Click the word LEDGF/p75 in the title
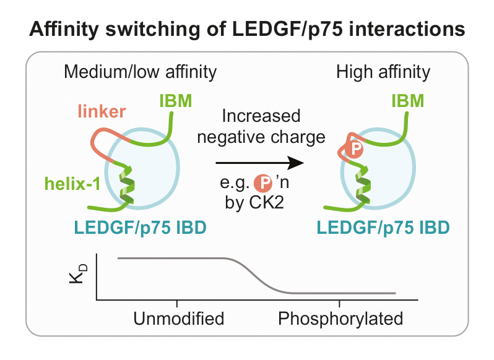point(287,30)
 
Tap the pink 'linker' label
point(102,111)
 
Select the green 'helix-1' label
point(72,184)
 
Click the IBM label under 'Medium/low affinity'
point(175,101)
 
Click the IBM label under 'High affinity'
point(408,101)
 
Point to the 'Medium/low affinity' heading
point(140,72)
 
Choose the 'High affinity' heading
point(383,72)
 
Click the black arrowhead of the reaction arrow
point(295,163)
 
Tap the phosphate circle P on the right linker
point(354,149)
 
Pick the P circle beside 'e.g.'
point(263,182)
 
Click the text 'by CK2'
point(254,202)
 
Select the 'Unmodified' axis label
point(179,319)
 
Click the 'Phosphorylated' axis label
point(340,319)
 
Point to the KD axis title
point(77,274)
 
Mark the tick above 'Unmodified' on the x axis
point(177,303)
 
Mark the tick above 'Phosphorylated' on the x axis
point(339,303)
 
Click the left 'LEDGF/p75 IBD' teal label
point(140,228)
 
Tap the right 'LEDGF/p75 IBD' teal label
point(383,228)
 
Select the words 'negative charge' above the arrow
point(261,137)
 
